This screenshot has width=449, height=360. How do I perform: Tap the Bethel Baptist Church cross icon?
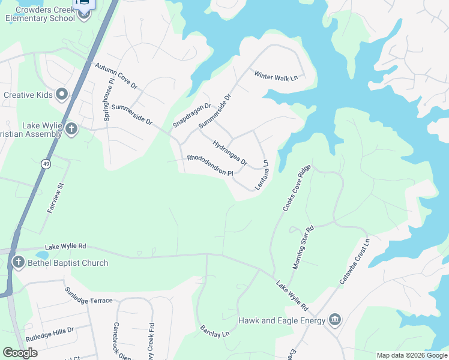pos(18,263)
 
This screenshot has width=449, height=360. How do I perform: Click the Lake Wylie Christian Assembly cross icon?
pos(71,128)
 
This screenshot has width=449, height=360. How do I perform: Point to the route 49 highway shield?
pos(46,164)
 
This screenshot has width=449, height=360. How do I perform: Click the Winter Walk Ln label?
pos(276,76)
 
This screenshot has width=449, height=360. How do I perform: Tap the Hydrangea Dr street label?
pos(230,152)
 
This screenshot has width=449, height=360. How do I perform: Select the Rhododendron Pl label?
pos(209,165)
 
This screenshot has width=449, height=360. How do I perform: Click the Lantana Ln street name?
pos(261,174)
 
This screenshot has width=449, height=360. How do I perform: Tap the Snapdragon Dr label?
pos(192,115)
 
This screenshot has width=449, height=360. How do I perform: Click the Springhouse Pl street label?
pos(109,100)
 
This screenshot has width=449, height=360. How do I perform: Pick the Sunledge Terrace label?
pos(88,295)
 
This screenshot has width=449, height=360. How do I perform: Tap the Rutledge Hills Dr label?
pos(50,331)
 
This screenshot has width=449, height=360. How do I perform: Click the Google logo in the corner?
pos(20,353)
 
